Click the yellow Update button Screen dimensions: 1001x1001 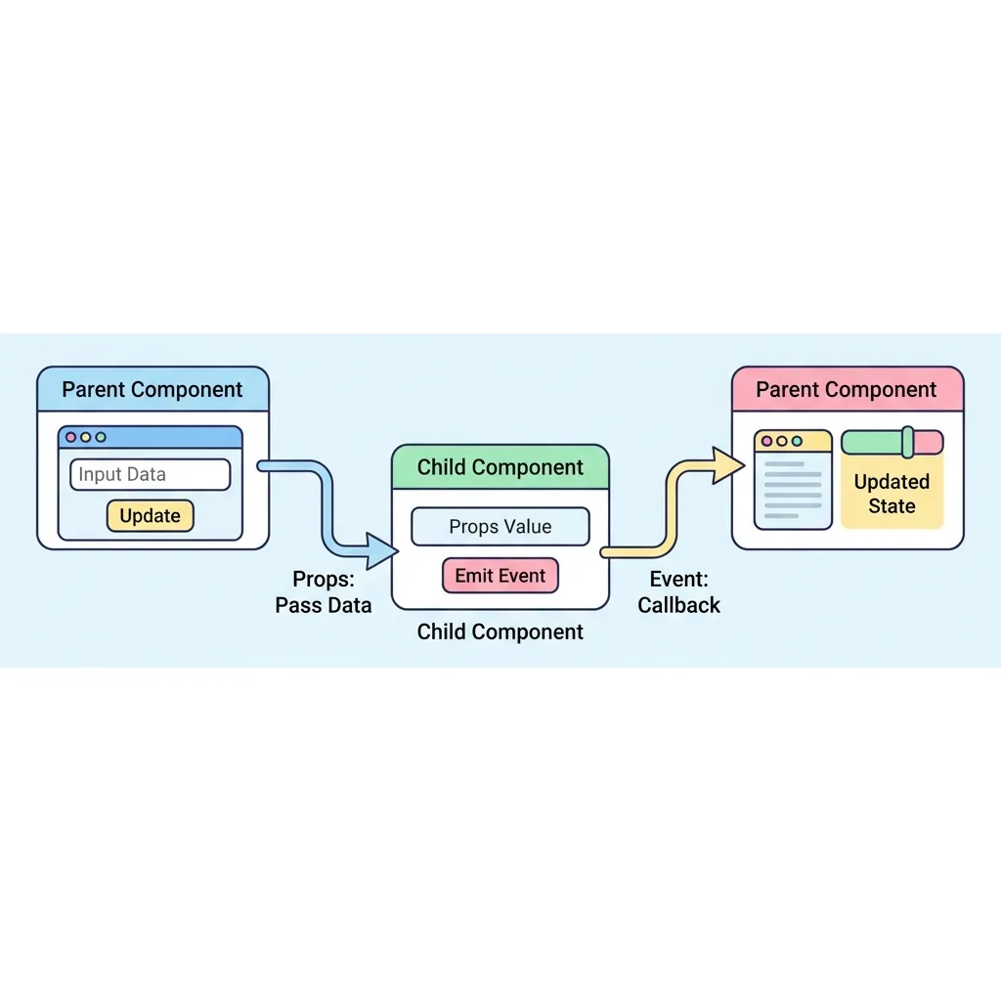tap(150, 516)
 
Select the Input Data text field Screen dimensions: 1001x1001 tap(150, 474)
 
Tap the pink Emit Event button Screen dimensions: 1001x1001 tap(500, 575)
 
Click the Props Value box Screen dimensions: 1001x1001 tap(500, 527)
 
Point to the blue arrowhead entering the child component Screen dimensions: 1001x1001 tap(382, 551)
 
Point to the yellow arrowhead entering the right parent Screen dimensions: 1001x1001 tap(728, 464)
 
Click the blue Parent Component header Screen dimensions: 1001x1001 tap(152, 389)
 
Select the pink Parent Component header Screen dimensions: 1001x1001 tap(848, 389)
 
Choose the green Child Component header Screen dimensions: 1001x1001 tap(500, 467)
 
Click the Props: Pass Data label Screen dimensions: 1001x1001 tap(324, 591)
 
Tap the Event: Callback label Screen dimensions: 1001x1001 tap(678, 591)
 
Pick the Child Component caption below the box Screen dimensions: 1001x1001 tap(500, 631)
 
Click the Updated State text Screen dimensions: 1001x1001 tap(892, 494)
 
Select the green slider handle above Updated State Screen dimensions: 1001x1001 tap(908, 442)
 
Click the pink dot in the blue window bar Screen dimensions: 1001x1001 tap(70, 437)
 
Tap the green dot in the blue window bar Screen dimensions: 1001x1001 tap(101, 437)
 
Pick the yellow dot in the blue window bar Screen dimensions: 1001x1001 tap(86, 437)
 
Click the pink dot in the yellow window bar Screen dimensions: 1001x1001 tap(766, 441)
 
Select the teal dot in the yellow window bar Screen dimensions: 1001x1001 tap(797, 441)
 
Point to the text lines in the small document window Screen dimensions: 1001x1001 tap(793, 490)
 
